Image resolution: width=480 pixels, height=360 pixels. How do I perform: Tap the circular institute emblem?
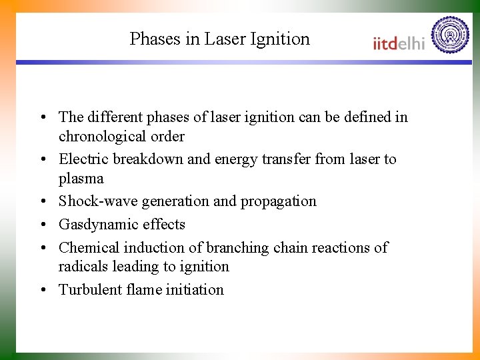coord(450,35)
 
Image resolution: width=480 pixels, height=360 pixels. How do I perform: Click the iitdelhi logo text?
coord(399,43)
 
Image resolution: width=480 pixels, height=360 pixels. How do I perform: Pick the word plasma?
coord(81,179)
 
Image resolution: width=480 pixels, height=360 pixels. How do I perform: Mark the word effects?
coord(164,225)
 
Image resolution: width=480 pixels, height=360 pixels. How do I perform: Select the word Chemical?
coord(87,248)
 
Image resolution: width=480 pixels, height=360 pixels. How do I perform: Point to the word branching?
coord(236,248)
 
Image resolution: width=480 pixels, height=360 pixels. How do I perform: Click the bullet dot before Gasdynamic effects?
coord(43,225)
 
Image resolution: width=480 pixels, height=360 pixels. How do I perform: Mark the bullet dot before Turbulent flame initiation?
coord(43,290)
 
